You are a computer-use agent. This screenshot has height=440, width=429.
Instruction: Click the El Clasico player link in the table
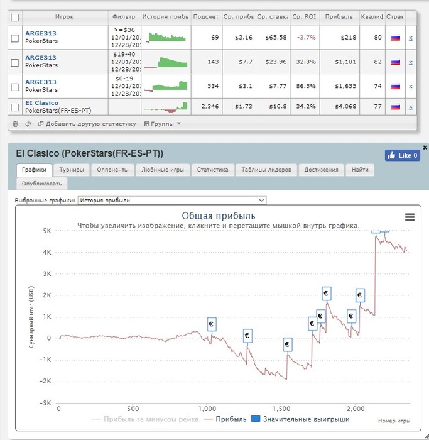coord(41,102)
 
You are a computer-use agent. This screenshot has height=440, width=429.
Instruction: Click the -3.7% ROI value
coord(307,37)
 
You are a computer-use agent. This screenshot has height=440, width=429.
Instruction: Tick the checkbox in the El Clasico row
coord(15,107)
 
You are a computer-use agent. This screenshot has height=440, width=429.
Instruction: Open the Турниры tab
coord(72,170)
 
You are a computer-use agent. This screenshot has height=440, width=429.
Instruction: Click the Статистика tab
coord(213,170)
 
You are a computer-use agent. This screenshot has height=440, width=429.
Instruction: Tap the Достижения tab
coord(321,170)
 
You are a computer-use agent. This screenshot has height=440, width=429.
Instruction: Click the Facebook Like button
coord(402,155)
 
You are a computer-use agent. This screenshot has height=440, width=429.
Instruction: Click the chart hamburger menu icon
coord(410,217)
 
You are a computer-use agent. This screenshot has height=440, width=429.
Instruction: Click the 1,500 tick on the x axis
coord(281,408)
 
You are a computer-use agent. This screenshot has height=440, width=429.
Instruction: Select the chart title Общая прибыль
coord(218,216)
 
